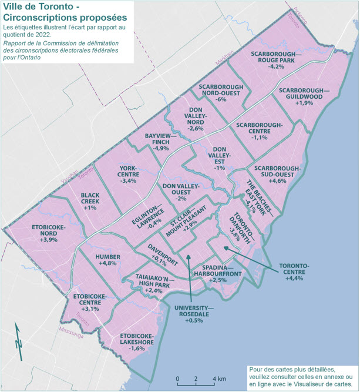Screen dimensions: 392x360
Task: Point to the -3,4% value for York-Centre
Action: pyautogui.click(x=127, y=180)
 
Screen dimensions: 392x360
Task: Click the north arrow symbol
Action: pyautogui.click(x=19, y=347)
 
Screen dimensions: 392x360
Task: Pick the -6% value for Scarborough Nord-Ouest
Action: pyautogui.click(x=221, y=99)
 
